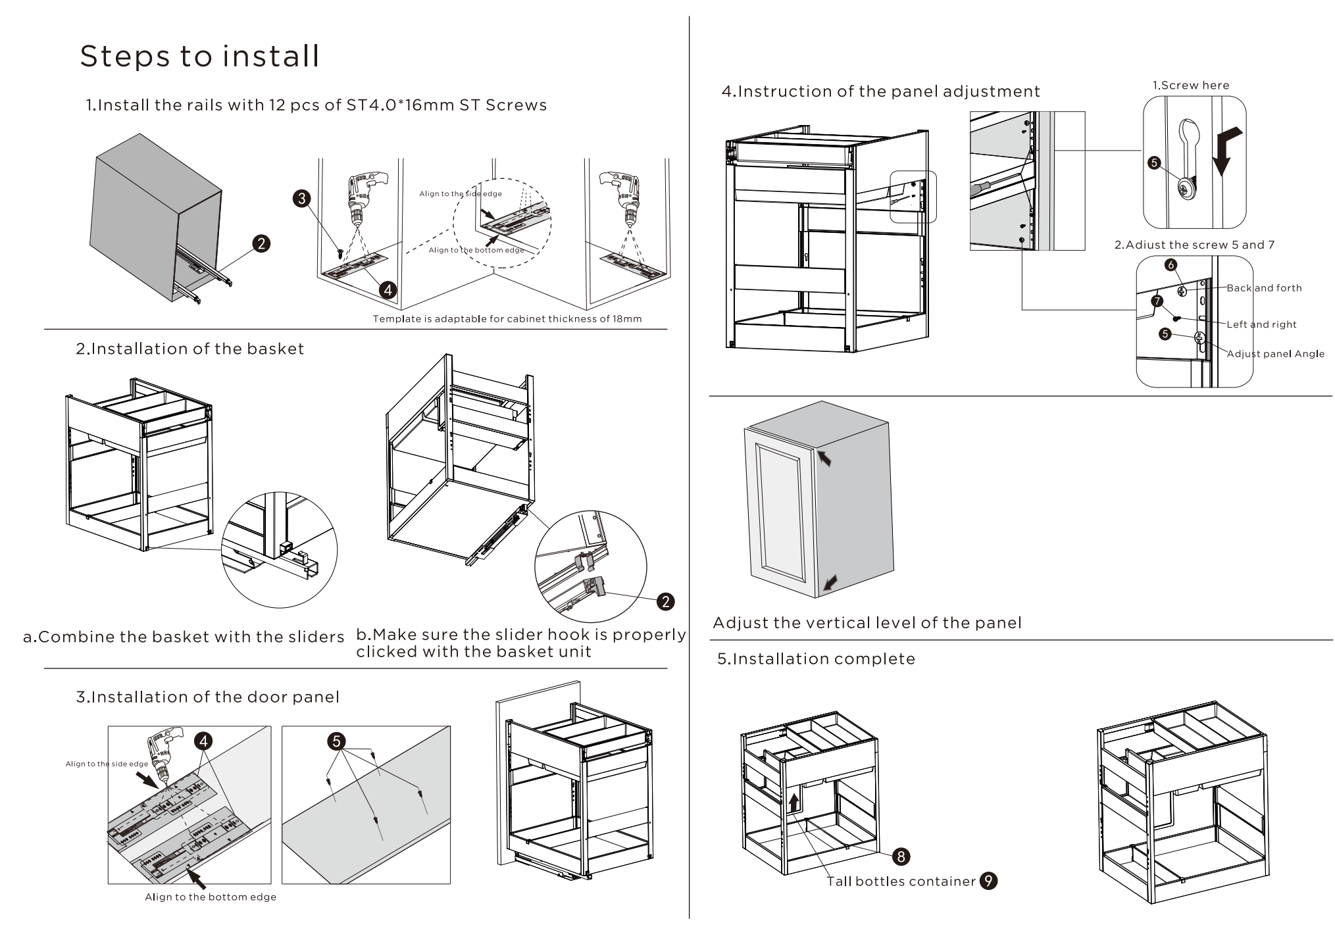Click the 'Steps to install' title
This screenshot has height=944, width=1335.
click(199, 57)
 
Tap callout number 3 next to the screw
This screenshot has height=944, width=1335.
click(301, 199)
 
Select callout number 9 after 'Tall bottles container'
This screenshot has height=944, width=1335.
click(988, 881)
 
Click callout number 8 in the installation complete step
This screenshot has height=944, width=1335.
click(900, 856)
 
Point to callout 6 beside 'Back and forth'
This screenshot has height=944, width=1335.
click(1170, 265)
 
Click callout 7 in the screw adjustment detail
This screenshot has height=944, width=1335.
click(1157, 302)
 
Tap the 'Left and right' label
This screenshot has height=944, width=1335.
click(1261, 324)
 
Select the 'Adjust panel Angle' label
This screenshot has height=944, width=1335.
click(1275, 354)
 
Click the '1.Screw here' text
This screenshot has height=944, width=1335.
click(1190, 86)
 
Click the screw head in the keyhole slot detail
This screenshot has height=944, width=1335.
click(1187, 191)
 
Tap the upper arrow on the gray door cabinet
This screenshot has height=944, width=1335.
click(824, 457)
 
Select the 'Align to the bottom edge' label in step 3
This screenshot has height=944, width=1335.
click(211, 897)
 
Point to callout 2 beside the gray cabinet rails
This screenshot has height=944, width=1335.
click(261, 244)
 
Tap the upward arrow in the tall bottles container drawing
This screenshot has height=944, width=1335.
click(795, 803)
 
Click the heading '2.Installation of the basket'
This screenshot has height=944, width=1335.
click(190, 349)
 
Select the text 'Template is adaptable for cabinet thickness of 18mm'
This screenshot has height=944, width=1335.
click(507, 319)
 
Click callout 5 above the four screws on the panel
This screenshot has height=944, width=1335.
click(336, 741)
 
